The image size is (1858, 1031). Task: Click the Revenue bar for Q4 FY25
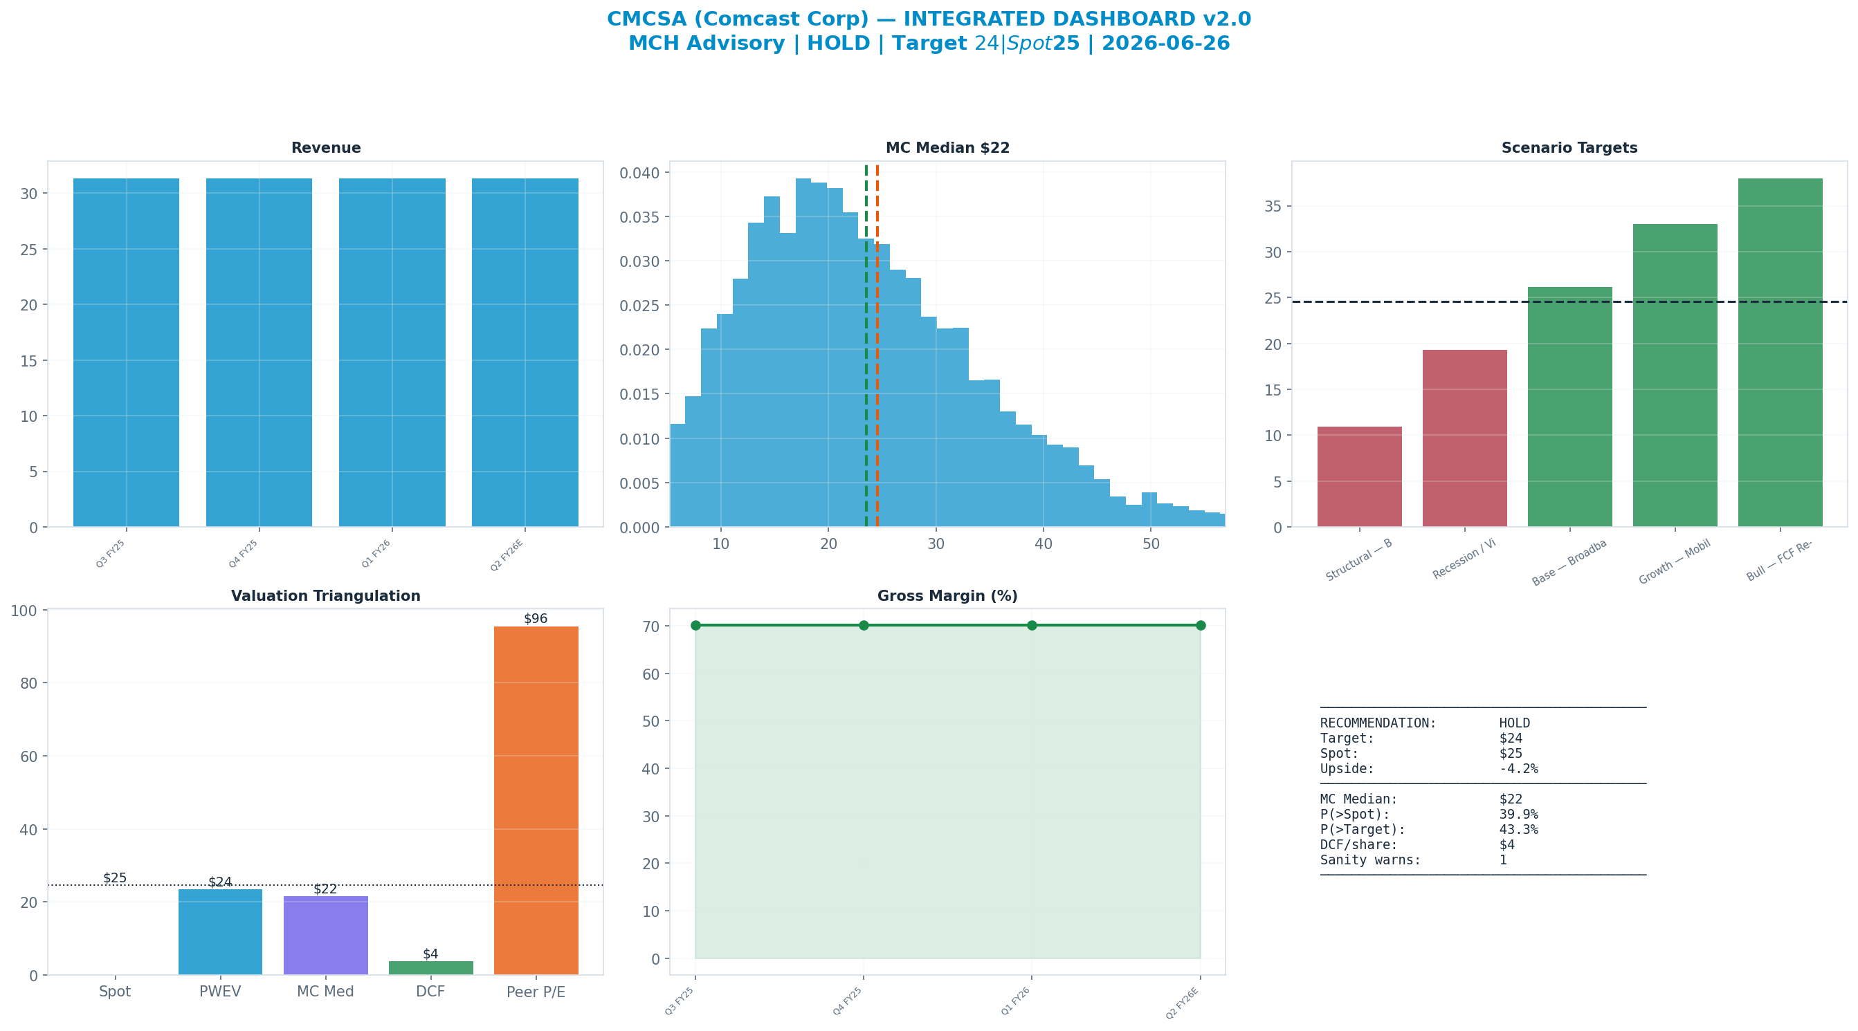point(259,353)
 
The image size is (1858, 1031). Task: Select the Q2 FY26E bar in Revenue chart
point(525,353)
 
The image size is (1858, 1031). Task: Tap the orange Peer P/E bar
point(536,800)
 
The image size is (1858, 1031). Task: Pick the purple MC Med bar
point(325,935)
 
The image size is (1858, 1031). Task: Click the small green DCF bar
point(430,967)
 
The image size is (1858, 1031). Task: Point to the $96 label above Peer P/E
point(536,619)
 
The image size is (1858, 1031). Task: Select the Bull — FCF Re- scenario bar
point(1780,353)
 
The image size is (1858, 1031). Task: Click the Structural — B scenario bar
point(1360,476)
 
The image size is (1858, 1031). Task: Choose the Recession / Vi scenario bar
point(1465,438)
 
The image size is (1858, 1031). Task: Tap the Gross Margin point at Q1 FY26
point(1032,625)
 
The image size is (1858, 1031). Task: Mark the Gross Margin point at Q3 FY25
point(695,625)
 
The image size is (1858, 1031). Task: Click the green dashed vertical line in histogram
point(866,345)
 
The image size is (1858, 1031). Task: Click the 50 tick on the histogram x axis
point(1151,544)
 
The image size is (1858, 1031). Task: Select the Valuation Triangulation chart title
point(325,596)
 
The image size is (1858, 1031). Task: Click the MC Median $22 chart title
point(948,148)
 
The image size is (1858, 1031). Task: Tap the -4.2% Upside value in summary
point(1519,768)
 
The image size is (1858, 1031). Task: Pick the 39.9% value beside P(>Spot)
point(1519,814)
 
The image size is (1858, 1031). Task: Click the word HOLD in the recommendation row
point(1515,723)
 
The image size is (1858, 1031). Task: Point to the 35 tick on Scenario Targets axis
point(1274,207)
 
